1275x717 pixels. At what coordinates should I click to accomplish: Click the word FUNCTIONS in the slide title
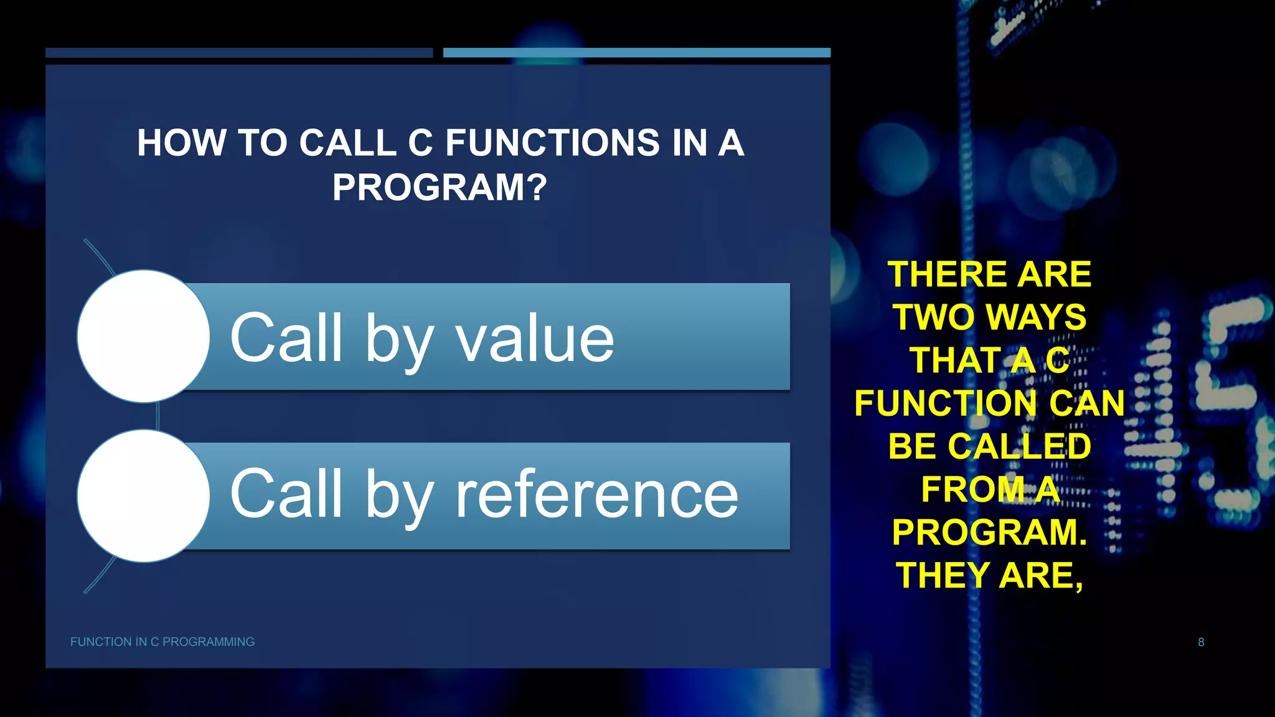click(x=552, y=143)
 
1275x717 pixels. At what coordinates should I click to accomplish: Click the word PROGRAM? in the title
click(x=440, y=187)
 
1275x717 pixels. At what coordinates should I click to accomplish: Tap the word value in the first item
click(x=535, y=339)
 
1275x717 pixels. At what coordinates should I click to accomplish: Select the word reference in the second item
click(x=597, y=495)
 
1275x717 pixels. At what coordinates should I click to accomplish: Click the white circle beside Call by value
click(x=143, y=336)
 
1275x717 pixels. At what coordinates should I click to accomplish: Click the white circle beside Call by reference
click(x=143, y=496)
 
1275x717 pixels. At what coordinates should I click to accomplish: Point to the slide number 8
click(x=1201, y=642)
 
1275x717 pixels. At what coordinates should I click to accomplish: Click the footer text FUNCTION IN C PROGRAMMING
click(x=162, y=642)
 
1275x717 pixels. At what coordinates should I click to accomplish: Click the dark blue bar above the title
click(x=239, y=53)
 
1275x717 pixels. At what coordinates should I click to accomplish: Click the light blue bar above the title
click(x=636, y=53)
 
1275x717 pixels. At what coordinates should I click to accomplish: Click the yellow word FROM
click(x=972, y=489)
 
